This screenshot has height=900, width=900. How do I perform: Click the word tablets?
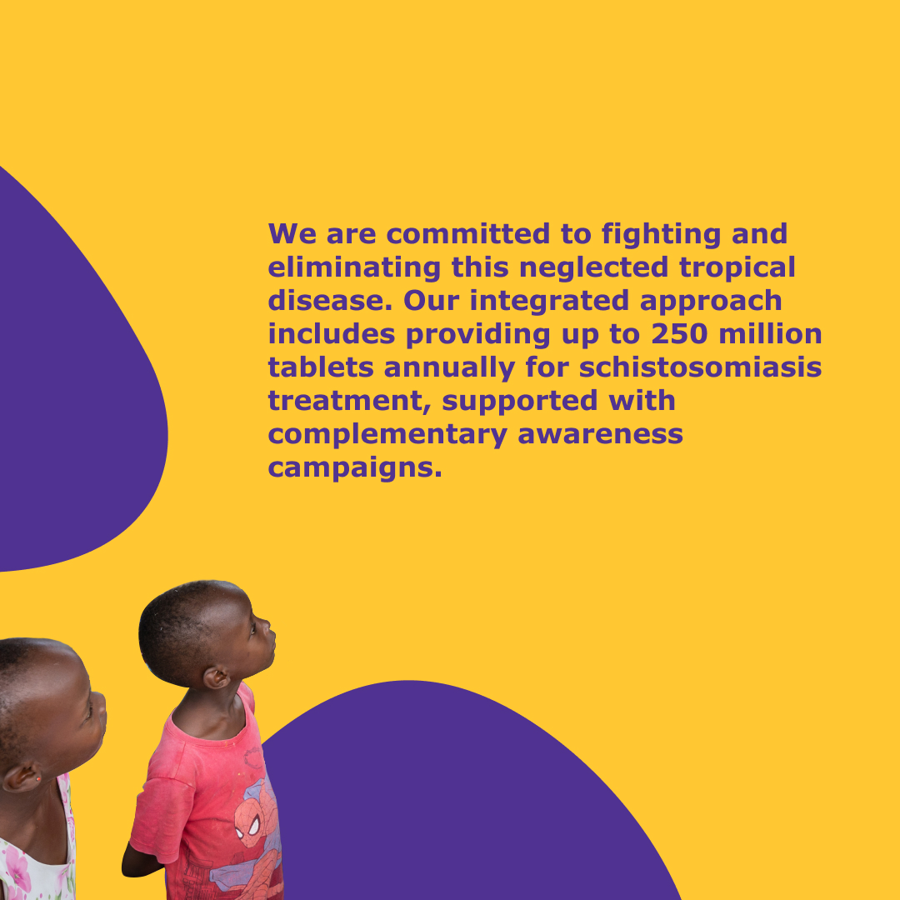[321, 367]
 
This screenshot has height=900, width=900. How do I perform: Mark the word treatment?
[350, 402]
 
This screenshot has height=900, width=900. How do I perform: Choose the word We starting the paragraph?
[292, 234]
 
